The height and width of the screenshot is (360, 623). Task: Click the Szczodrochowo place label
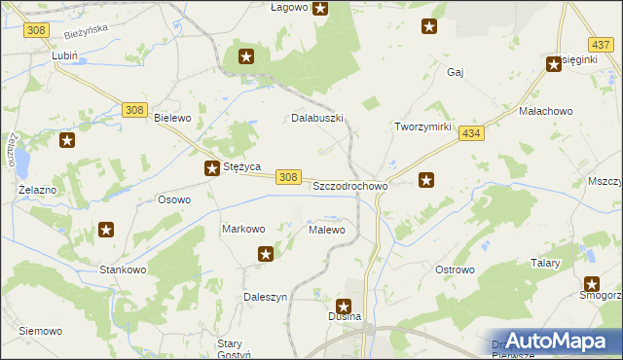[x=349, y=185]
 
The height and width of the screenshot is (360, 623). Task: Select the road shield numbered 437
[x=600, y=45]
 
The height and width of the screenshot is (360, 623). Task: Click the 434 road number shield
[x=472, y=133]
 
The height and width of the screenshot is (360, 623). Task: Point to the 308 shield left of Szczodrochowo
[x=287, y=176]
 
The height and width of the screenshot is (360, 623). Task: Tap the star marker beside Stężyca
[x=211, y=169]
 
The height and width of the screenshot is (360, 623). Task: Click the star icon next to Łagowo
[x=320, y=9]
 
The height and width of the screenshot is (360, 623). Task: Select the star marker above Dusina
[x=344, y=306]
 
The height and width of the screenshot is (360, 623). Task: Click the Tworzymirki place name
[x=421, y=127]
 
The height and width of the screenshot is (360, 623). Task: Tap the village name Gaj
[x=454, y=72]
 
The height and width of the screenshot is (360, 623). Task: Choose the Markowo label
[x=243, y=229]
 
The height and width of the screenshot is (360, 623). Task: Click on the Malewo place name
[x=326, y=230]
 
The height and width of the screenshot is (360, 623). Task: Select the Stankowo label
[x=123, y=269]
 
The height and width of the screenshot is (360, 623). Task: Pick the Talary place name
[x=545, y=263]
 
